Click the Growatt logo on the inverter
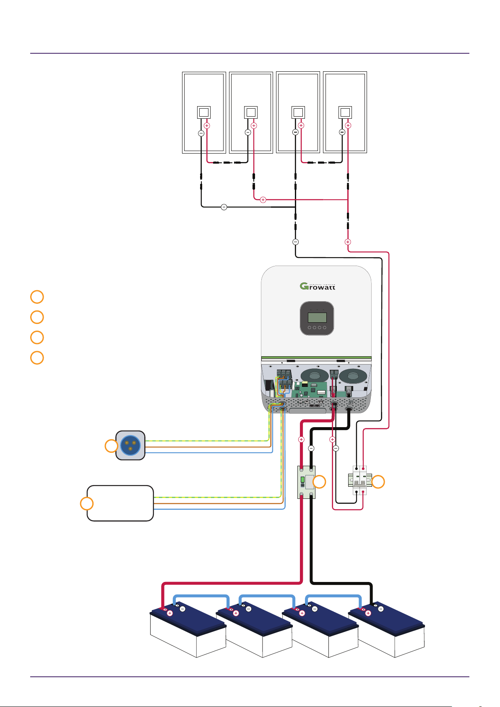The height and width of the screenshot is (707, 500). [317, 287]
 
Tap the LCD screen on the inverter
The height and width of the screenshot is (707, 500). [317, 317]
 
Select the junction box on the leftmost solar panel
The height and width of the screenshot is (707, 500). [204, 112]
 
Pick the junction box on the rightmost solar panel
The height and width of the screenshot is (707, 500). [345, 112]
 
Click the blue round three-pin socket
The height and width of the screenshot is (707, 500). [130, 445]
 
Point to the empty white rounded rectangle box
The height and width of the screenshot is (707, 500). [120, 503]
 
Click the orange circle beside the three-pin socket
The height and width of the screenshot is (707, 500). [111, 446]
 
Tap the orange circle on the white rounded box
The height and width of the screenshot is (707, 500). [87, 504]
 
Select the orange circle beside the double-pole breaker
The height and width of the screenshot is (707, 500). [378, 482]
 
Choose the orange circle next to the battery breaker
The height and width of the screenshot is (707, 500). [319, 482]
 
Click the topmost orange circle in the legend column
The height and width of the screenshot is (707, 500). [37, 297]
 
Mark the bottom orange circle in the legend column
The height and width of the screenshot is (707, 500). [37, 357]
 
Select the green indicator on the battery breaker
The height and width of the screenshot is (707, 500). [302, 479]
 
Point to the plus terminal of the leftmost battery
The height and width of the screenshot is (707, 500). [170, 613]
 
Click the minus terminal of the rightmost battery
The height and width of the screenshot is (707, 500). [380, 609]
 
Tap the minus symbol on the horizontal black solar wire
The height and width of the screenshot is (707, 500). [224, 207]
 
